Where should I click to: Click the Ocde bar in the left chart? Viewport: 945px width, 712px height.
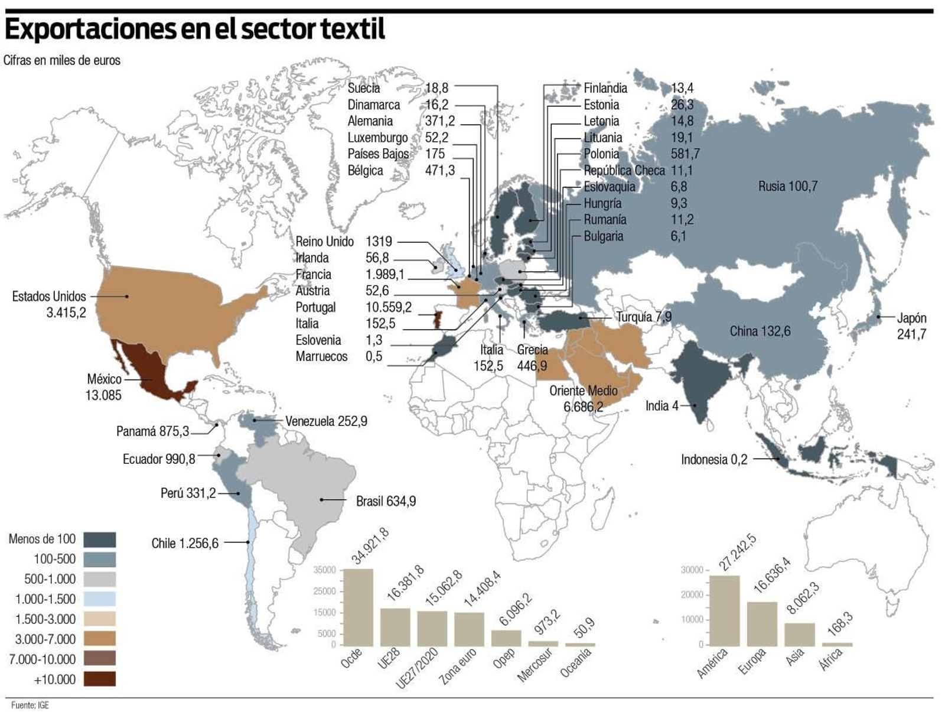358,607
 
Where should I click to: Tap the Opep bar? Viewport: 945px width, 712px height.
506,638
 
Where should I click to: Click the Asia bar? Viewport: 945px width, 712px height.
799,633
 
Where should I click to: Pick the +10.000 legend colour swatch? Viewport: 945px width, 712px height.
99,679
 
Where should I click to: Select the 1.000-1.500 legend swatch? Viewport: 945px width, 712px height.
99,599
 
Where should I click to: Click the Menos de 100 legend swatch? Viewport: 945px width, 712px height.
99,539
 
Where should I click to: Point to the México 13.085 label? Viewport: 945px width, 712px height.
103,387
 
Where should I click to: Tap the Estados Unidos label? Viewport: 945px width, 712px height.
49,297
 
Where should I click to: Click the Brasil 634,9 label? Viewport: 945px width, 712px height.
386,501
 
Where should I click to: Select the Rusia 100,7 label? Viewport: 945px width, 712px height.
787,187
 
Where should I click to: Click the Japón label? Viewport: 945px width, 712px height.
911,318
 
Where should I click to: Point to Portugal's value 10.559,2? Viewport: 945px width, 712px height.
388,307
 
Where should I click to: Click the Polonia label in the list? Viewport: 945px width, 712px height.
601,154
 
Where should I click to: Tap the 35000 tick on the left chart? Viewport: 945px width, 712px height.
324,570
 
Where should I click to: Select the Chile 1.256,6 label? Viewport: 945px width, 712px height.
185,543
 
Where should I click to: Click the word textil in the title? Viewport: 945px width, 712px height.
352,29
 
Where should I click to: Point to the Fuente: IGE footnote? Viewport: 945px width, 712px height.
30,705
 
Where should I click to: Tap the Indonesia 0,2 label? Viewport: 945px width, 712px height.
713,460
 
